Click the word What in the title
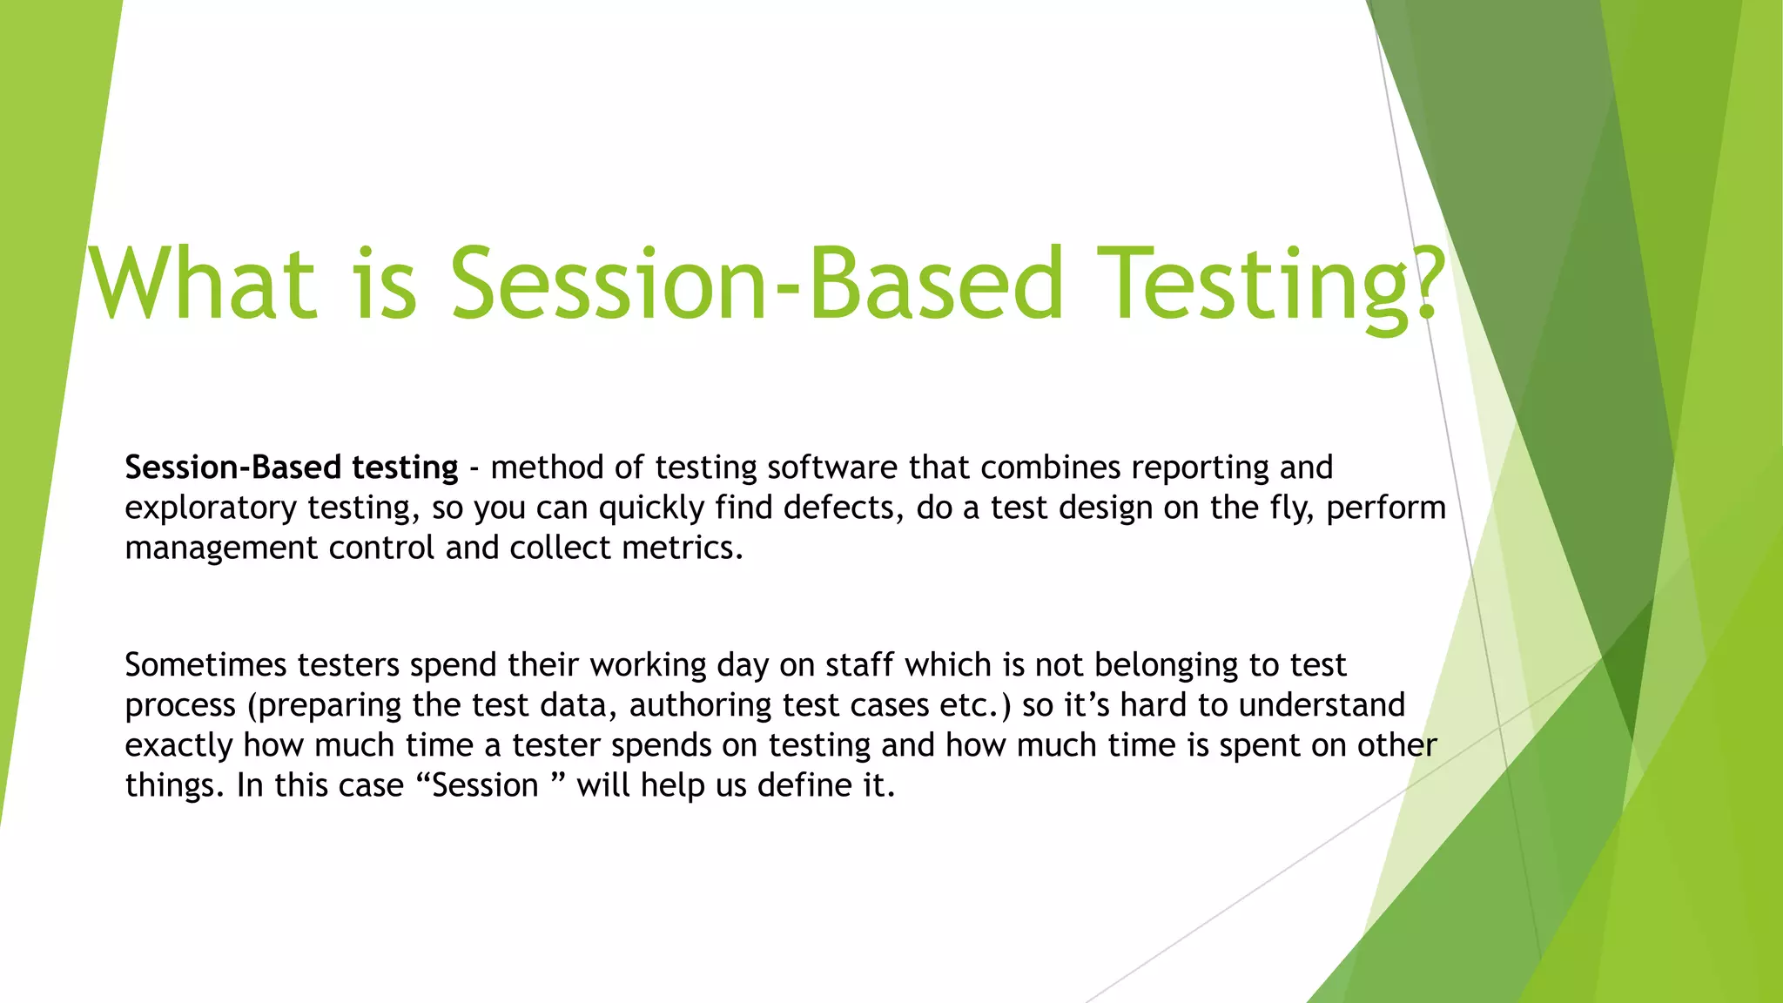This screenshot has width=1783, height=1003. [x=202, y=283]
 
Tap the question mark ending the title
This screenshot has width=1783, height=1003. [x=1424, y=283]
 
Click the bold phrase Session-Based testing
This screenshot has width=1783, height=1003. [x=291, y=468]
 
